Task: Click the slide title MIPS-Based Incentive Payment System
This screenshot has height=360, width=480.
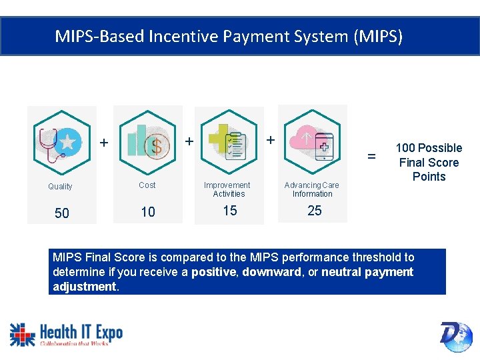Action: (x=229, y=36)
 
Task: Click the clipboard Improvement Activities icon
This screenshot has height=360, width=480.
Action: (x=229, y=141)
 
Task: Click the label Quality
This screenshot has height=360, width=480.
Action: (x=60, y=187)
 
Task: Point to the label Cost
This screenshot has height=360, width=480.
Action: (x=147, y=185)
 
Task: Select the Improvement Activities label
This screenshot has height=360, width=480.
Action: (x=227, y=189)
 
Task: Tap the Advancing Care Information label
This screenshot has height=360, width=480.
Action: (x=312, y=189)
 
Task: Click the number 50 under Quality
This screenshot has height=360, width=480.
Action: (x=61, y=213)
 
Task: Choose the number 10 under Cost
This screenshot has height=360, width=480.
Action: (x=148, y=212)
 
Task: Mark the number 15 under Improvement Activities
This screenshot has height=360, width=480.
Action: (x=229, y=211)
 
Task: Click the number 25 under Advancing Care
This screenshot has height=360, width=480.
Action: (x=314, y=211)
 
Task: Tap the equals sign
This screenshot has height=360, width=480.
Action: (x=372, y=157)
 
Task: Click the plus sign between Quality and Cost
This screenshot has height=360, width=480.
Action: (x=103, y=143)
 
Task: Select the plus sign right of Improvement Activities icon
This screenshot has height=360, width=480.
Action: (x=270, y=141)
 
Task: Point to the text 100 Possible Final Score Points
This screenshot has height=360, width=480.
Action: (x=429, y=162)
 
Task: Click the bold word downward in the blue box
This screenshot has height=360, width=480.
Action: (x=271, y=272)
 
